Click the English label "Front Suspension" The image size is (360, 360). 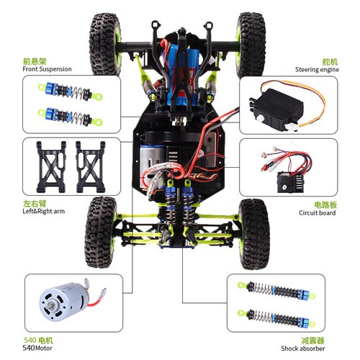point(47,69)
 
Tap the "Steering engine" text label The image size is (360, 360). point(317,70)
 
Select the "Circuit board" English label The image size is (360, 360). point(317,212)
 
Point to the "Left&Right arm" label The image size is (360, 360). point(44,211)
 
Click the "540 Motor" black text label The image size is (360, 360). point(37,348)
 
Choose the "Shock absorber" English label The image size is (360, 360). point(303,348)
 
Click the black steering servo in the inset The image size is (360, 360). point(276,109)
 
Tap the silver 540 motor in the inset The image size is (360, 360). point(63,302)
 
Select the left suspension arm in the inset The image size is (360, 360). point(51,166)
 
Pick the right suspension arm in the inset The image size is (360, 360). point(91,166)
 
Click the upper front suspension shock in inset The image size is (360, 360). point(70,91)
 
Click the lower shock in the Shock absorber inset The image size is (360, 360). point(276,318)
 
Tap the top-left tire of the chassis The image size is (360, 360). point(105,44)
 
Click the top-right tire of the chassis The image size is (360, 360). point(251,45)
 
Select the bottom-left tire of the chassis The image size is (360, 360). point(101,232)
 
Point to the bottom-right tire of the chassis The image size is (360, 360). point(255,233)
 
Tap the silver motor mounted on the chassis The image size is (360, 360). point(152,164)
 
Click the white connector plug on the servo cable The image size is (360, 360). point(292,127)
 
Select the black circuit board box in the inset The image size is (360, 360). point(290,181)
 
